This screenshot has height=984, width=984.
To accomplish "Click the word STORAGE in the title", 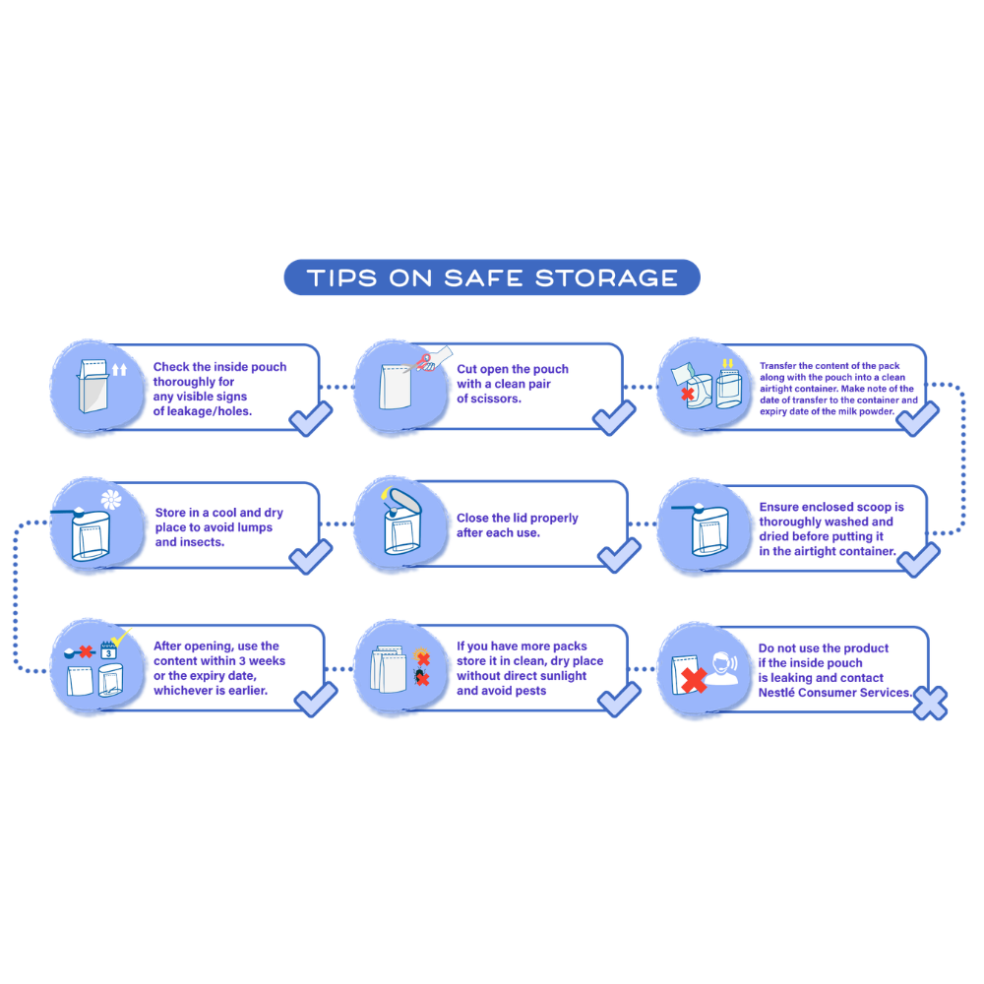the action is pos(606,278).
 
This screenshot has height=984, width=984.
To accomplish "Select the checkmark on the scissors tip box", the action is pos(614,418).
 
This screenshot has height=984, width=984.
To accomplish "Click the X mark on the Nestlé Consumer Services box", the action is pos(930,703).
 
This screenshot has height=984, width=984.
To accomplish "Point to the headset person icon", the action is pos(722,669).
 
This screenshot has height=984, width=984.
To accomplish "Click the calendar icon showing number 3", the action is pos(108,650).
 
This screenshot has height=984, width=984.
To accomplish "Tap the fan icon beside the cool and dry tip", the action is pos(111,500).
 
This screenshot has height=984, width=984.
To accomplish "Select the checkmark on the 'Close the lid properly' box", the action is pos(619,555).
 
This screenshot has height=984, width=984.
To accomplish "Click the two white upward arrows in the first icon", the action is pos(119,370).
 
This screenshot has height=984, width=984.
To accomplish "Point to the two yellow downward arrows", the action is pos(727,363).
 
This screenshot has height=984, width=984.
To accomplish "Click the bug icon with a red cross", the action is pos(421,677).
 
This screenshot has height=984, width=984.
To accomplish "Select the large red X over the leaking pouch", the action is pos(694,680).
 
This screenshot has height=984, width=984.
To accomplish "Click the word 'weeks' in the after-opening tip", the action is pos(267,661).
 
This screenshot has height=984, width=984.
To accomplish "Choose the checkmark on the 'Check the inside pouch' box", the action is pos(311,419).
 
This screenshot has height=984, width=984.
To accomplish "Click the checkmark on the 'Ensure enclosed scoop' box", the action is pos(919,560).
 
